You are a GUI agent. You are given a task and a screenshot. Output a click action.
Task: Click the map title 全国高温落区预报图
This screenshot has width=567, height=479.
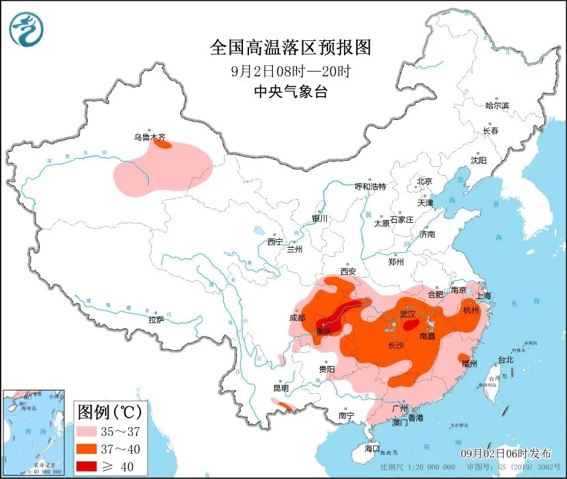291,48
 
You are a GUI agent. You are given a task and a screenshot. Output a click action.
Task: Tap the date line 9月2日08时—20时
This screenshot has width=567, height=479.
291,70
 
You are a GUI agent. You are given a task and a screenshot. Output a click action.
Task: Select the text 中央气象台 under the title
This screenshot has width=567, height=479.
291,92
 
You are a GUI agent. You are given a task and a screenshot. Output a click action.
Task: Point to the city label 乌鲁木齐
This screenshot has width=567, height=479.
149,137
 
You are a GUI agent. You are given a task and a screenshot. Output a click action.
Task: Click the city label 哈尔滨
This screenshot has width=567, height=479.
497,105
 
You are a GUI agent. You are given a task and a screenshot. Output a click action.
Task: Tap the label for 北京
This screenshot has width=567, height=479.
424,181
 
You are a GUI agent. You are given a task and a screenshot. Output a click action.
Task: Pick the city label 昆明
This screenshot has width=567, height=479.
281,388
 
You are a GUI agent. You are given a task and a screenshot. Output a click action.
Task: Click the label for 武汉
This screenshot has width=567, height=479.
407,314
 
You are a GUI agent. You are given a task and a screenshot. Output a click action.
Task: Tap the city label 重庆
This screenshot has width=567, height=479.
323,332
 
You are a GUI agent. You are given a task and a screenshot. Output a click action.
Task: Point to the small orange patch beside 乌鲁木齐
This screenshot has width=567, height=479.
162,144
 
